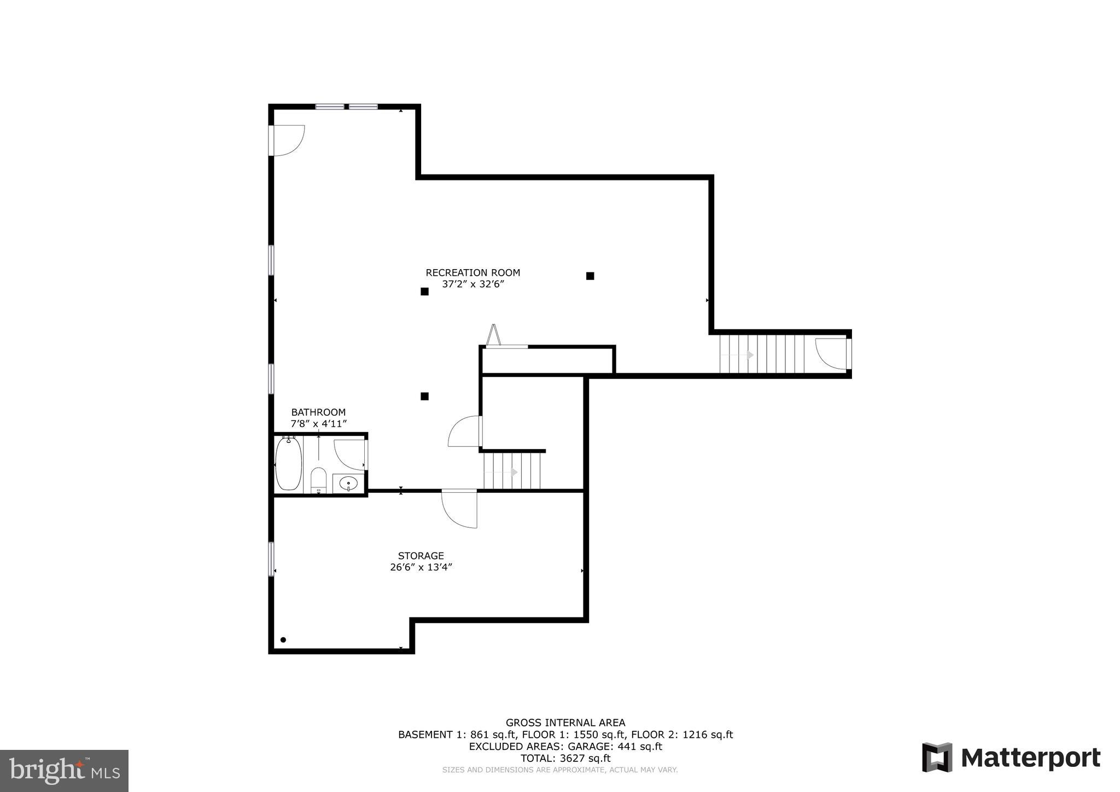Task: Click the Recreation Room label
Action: (472, 272)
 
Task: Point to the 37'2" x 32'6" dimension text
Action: (472, 284)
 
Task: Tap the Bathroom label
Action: (318, 412)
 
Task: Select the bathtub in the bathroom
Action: (288, 463)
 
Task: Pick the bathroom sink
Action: (348, 484)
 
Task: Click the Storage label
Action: (421, 556)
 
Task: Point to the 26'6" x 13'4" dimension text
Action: (421, 567)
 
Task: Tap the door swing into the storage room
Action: (459, 509)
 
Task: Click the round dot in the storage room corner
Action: (283, 640)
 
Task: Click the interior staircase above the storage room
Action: (512, 471)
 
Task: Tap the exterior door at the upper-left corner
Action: (287, 140)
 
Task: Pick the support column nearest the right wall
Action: (590, 276)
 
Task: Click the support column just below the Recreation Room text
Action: (424, 292)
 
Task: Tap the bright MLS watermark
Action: (65, 771)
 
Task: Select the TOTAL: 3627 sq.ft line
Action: (565, 758)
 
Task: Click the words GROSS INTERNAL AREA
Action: (565, 723)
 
